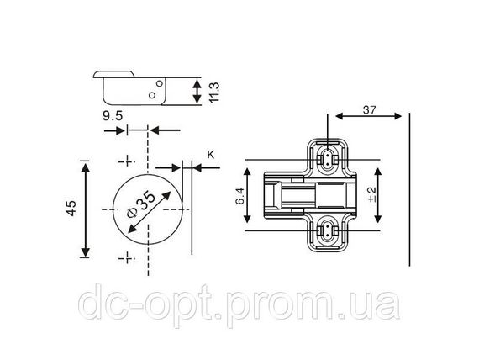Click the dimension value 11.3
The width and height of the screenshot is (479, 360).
point(214,92)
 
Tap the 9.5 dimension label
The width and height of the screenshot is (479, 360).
point(113,116)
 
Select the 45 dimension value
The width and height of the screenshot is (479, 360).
point(71,209)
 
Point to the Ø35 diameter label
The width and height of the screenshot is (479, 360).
point(141,204)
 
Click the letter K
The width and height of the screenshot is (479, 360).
point(211,155)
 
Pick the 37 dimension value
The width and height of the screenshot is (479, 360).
point(370,109)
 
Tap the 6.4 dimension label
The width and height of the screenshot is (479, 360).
point(239,195)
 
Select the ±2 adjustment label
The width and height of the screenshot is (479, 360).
point(372,195)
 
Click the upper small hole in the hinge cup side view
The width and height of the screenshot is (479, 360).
point(160,83)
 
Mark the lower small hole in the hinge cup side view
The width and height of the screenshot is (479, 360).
point(152,95)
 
